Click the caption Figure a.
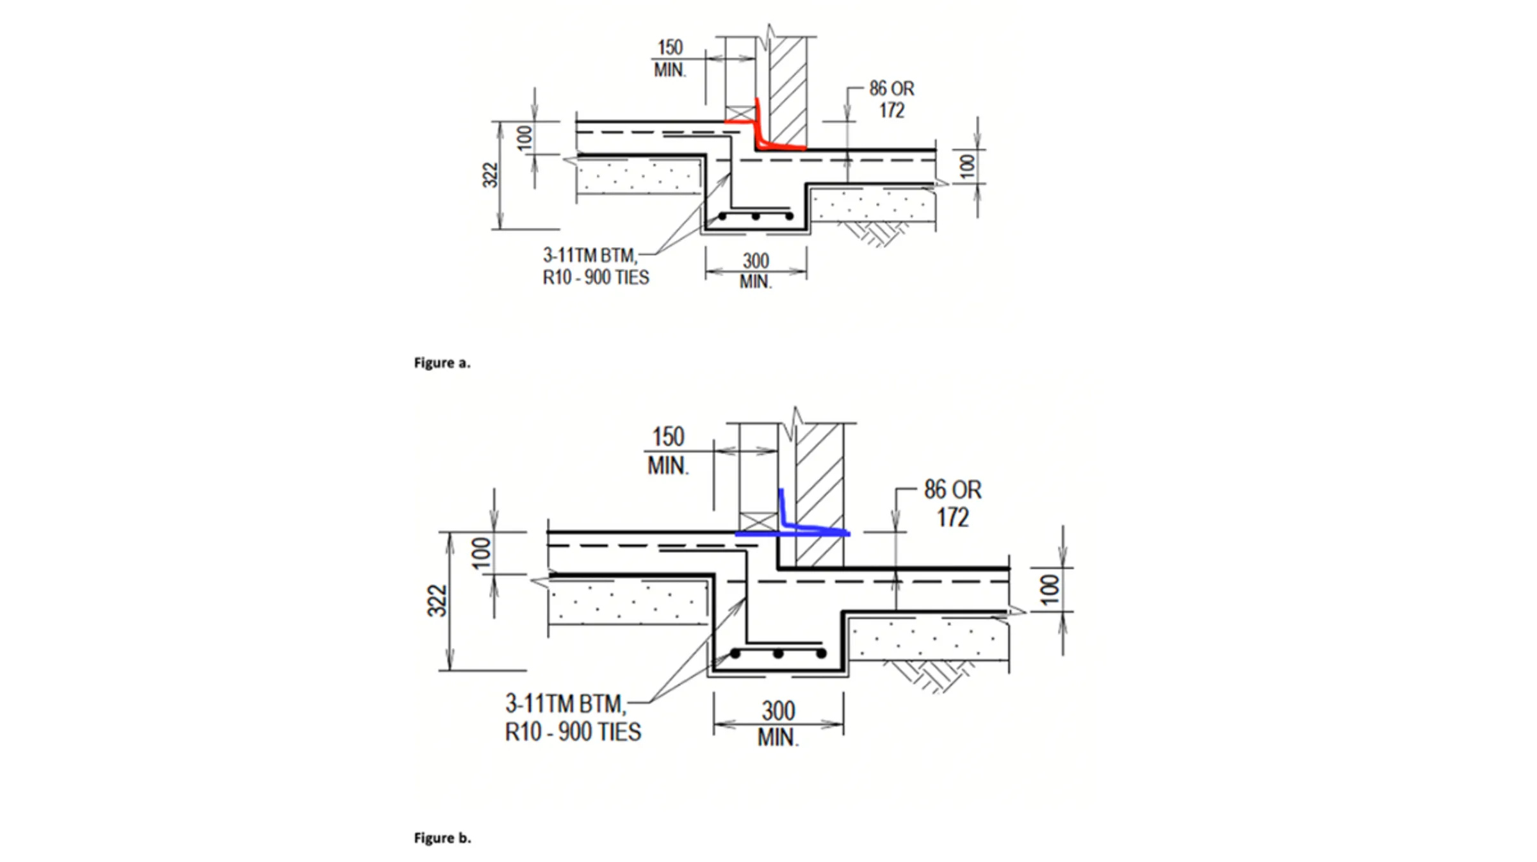click(x=442, y=362)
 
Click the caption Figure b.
click(x=442, y=838)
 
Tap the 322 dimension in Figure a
click(x=490, y=175)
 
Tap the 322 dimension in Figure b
click(x=437, y=600)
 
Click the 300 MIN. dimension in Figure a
click(x=756, y=270)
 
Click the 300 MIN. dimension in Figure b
click(x=778, y=723)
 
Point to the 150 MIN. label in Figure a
click(x=670, y=58)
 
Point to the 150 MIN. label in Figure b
click(x=668, y=451)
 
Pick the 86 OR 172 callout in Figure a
click(x=891, y=99)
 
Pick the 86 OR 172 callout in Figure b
click(x=952, y=503)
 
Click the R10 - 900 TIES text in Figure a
click(x=596, y=278)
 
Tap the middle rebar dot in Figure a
click(x=756, y=216)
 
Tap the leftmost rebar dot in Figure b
click(x=736, y=654)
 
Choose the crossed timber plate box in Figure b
click(x=758, y=521)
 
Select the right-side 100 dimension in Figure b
click(x=1049, y=590)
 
